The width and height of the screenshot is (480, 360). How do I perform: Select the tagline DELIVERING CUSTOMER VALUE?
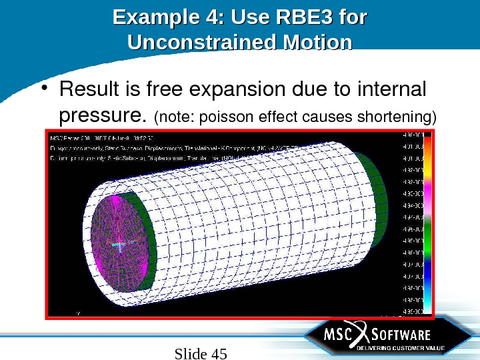(399, 348)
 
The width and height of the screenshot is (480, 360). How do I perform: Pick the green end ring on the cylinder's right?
(377, 200)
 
